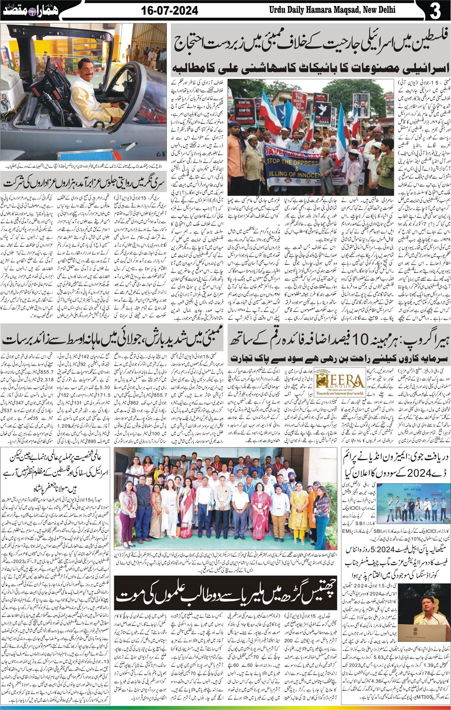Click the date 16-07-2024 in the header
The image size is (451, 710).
[x=170, y=11]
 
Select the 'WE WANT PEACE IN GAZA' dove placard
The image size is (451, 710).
[x=323, y=112]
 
